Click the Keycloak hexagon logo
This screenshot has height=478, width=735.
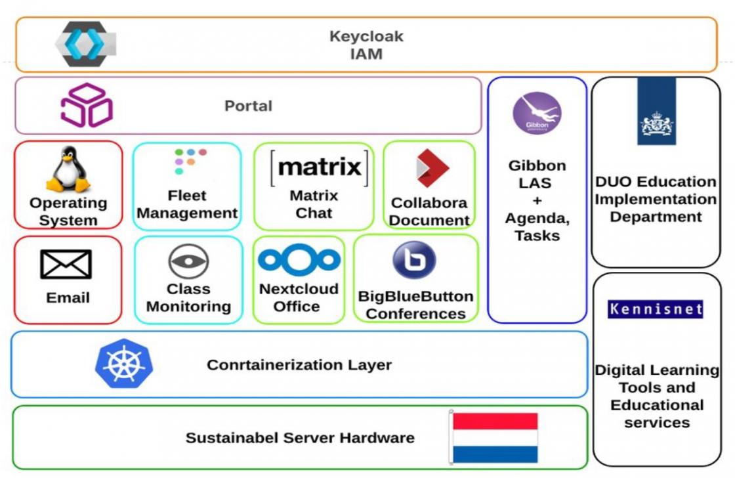click(85, 44)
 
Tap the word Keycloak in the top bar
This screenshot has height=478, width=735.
click(366, 37)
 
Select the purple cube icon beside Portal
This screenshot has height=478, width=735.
click(86, 105)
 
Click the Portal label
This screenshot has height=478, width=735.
click(248, 106)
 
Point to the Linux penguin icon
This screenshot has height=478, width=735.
click(68, 169)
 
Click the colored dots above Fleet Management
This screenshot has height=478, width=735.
click(190, 161)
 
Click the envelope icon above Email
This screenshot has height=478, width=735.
click(66, 265)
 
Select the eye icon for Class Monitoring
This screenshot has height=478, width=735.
click(188, 261)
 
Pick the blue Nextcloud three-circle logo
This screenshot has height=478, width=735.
click(299, 259)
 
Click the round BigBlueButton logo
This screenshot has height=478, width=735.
click(414, 260)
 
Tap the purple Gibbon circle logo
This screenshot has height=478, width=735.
click(537, 114)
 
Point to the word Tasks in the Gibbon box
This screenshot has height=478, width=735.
click(537, 236)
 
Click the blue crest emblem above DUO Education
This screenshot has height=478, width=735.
click(656, 112)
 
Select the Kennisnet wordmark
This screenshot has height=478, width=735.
click(655, 309)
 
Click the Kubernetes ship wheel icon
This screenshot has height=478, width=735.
click(123, 364)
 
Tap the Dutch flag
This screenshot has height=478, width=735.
click(495, 438)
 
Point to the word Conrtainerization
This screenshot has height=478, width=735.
click(268, 365)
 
